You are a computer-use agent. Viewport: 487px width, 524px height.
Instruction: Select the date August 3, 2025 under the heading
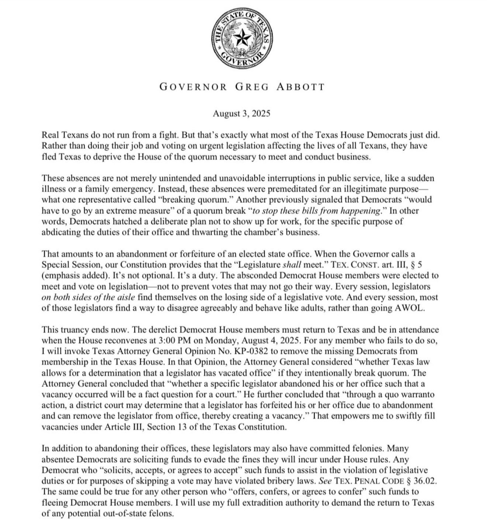[x=241, y=114]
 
